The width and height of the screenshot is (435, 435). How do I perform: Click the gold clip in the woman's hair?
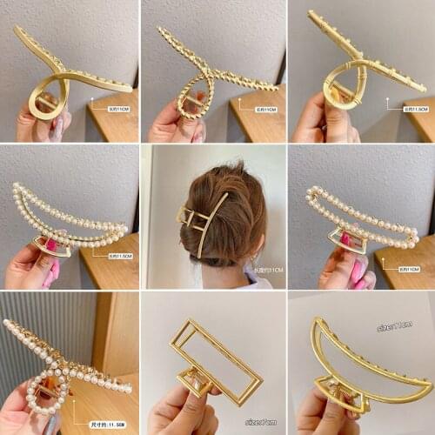click(202, 224)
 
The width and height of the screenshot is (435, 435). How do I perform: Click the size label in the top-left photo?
click(118, 110)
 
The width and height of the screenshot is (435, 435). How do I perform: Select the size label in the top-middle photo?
click(264, 110)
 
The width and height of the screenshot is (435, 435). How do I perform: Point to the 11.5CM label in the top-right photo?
click(415, 110)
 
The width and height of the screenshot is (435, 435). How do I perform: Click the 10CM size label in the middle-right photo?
click(409, 269)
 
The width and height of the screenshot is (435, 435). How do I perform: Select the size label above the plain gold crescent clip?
click(393, 326)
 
